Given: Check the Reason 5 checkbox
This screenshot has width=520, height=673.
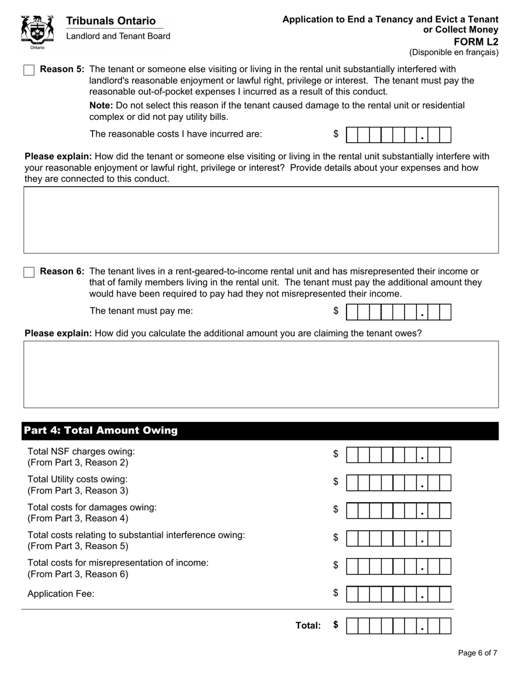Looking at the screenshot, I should tap(29, 70).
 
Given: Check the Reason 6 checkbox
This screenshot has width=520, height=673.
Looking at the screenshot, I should tap(29, 272).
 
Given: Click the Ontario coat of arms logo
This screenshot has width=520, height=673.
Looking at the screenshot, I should tap(37, 32).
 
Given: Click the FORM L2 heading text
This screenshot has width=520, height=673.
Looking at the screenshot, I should tap(476, 42).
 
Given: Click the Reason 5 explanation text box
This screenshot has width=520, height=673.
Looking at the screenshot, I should tap(261, 220).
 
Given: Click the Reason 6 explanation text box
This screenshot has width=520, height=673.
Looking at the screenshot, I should tap(261, 374).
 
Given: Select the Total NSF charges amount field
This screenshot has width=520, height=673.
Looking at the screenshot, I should tap(399, 455).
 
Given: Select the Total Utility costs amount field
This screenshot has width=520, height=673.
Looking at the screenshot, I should tap(399, 483).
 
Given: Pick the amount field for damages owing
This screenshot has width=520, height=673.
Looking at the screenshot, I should tap(399, 510).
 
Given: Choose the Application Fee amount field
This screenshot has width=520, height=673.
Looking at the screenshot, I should tap(399, 594).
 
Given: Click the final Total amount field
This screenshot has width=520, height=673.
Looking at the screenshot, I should tap(399, 626).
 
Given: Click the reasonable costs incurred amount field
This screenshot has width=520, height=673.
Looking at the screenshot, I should tap(399, 135).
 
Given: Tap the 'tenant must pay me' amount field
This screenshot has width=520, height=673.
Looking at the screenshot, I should tap(399, 312).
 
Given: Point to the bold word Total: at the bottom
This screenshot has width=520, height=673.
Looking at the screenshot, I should tap(308, 625).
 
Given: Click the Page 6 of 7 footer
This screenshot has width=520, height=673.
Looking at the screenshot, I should tap(477, 653).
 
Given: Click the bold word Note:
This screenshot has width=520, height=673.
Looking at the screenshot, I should tap(101, 105).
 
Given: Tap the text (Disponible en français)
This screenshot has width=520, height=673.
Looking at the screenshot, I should tap(454, 53).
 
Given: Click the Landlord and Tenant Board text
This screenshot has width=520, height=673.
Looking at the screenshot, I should tap(118, 36).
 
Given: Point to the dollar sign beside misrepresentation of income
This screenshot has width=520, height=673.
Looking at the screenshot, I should tap(336, 565).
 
